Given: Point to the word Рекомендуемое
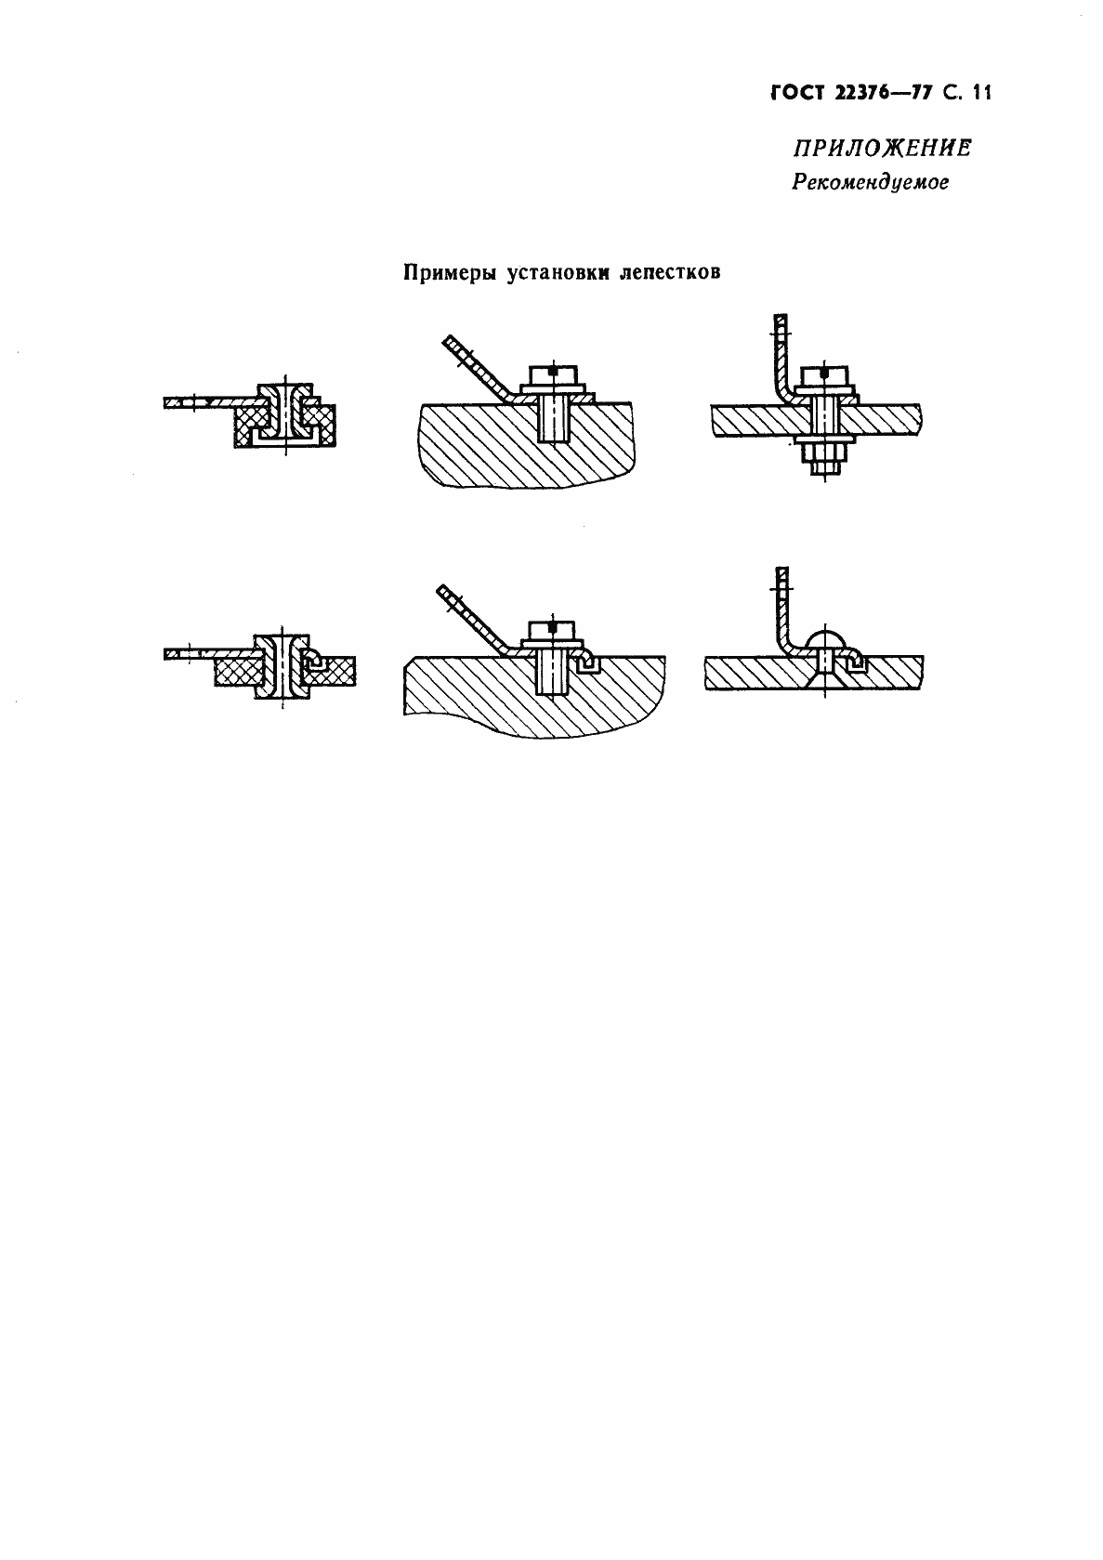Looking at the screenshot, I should click(870, 183).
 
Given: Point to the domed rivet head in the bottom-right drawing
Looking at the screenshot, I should click(824, 641).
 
